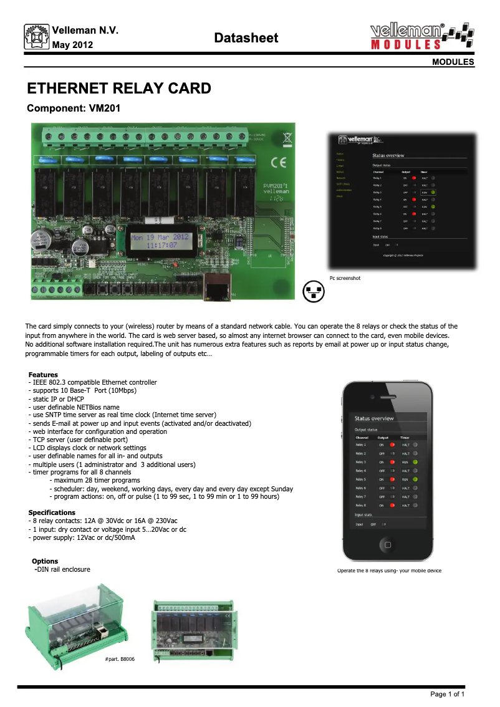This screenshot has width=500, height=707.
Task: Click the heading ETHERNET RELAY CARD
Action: (119, 89)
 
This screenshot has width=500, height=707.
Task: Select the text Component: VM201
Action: (74, 108)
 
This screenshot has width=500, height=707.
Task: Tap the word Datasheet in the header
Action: (246, 38)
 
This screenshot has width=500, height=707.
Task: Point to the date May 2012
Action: (73, 45)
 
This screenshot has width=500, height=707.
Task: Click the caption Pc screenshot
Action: (345, 277)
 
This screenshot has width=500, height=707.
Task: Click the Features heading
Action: (43, 375)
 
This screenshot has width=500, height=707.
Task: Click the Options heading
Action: (45, 561)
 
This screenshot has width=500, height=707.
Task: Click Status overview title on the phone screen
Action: (374, 418)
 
